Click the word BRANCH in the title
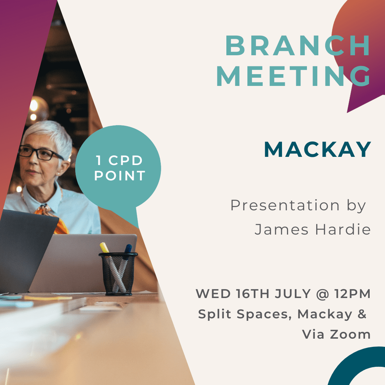click(x=297, y=45)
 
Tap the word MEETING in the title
click(x=293, y=76)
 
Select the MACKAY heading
click(x=317, y=149)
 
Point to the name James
click(x=281, y=230)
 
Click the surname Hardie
click(x=343, y=229)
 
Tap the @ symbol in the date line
click(x=322, y=294)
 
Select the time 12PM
click(x=352, y=294)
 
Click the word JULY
click(x=293, y=294)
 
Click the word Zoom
click(x=350, y=334)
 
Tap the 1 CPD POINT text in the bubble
click(x=119, y=168)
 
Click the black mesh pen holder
click(x=118, y=274)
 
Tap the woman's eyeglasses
click(x=39, y=153)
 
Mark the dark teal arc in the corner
click(x=349, y=361)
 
